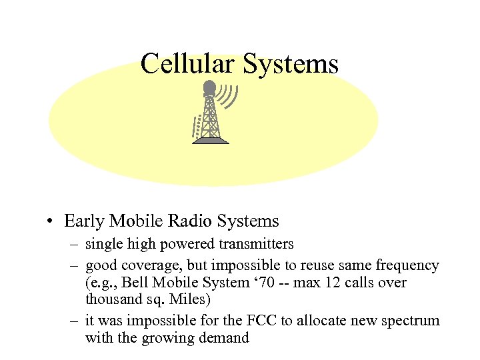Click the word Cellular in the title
click(188, 65)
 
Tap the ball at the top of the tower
click(209, 87)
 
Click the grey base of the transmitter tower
click(211, 141)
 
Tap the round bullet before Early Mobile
click(50, 221)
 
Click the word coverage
click(146, 265)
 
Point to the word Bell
click(133, 283)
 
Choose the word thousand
click(112, 300)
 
